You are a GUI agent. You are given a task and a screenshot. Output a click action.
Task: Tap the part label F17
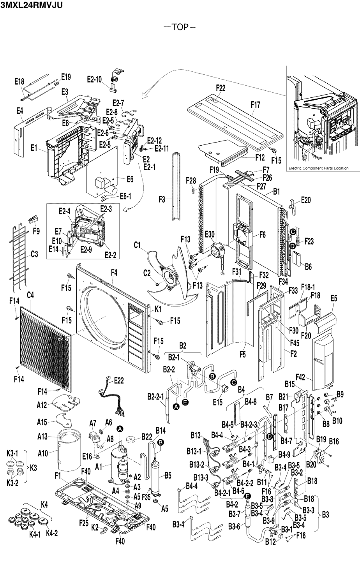pyautogui.click(x=255, y=105)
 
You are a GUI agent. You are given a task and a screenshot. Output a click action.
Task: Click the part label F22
pyautogui.click(x=221, y=88)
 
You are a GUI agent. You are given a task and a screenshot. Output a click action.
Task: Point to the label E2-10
pyautogui.click(x=94, y=80)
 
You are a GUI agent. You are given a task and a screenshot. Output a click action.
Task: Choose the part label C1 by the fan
pyautogui.click(x=138, y=245)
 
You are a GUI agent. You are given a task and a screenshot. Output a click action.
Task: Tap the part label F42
pyautogui.click(x=302, y=377)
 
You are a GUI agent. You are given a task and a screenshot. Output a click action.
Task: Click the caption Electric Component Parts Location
pyautogui.click(x=318, y=168)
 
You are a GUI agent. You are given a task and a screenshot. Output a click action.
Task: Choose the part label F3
pyautogui.click(x=163, y=200)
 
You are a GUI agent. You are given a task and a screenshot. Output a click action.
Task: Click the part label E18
pyautogui.click(x=19, y=82)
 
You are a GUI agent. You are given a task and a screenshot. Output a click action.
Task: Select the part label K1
pyautogui.click(x=157, y=308)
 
